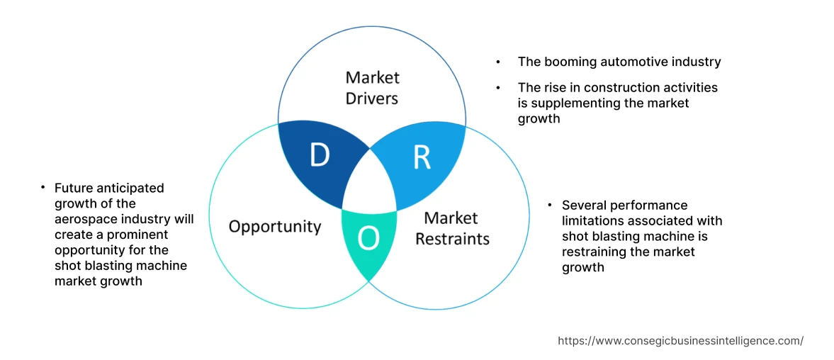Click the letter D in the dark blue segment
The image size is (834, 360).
(320, 155)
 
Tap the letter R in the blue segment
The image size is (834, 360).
(422, 157)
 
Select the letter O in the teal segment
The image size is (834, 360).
(368, 239)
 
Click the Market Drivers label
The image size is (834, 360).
(372, 87)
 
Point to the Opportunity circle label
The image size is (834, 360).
(274, 227)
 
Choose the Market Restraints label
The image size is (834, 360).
(452, 228)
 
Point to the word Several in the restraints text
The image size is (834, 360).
(583, 206)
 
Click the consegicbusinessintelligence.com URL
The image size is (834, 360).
(680, 341)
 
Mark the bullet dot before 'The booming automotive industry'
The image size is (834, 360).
(499, 62)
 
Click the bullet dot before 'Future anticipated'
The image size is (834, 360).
(43, 188)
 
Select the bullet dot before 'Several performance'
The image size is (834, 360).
(550, 206)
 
